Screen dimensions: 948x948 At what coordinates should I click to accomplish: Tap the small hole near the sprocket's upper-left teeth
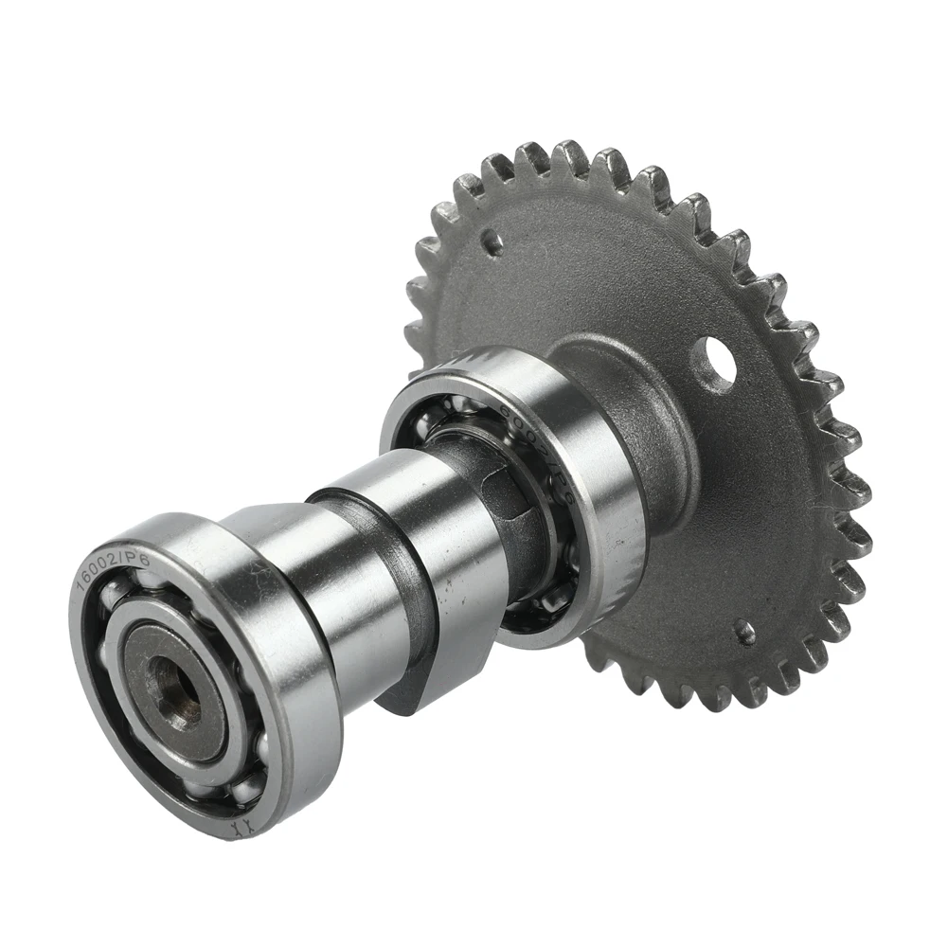pos(491,241)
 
